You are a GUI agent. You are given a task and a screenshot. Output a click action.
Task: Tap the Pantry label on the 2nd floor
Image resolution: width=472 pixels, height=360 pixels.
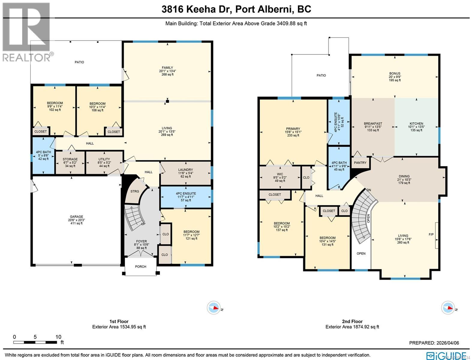tap(360, 163)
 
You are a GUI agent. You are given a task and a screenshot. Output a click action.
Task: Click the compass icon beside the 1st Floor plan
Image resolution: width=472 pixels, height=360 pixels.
tap(214, 308)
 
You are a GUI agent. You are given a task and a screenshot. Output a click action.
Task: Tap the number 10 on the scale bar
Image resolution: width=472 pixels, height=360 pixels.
tap(58, 337)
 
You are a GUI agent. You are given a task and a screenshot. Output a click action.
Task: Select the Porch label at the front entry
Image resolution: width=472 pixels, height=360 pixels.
tap(140, 266)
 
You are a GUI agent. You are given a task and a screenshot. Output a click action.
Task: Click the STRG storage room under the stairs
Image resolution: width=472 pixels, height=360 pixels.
tap(135, 191)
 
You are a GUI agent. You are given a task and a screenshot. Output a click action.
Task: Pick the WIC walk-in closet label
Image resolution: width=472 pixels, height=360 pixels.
tap(280, 174)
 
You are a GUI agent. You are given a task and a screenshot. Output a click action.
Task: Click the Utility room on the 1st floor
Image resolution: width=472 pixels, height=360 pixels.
tap(104, 159)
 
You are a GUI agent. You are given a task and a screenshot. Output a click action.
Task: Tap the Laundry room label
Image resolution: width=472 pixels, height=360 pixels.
tap(185, 170)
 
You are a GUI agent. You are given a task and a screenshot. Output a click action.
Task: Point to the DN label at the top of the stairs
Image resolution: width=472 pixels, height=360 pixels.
tap(369, 190)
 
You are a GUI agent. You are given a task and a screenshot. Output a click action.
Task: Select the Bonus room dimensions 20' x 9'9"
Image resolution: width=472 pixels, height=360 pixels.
tap(395, 77)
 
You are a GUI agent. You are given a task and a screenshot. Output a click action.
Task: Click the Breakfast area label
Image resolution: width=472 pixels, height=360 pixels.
tap(373, 123)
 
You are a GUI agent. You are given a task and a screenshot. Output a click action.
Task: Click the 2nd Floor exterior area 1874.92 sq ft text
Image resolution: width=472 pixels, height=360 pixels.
tap(352, 327)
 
